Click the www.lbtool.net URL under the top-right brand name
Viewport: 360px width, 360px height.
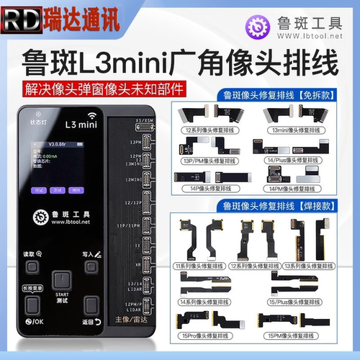pos(309,36)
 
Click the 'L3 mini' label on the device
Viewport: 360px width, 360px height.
pos(79,124)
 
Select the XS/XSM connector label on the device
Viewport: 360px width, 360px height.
pos(149,117)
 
